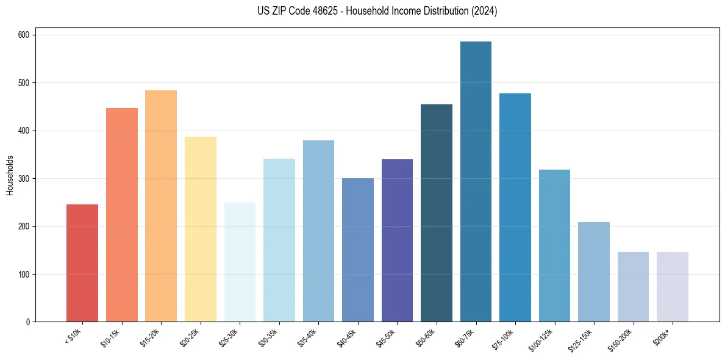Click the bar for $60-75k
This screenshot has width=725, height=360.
[476, 183]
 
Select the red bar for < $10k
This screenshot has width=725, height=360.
[82, 262]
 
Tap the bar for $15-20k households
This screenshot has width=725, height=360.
[161, 207]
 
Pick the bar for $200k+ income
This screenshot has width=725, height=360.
[673, 287]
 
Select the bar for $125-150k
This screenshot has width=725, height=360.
[594, 272]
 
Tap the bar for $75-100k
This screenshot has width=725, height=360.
[515, 207]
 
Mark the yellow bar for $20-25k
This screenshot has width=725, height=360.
[201, 229]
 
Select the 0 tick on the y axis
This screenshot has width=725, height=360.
[29, 322]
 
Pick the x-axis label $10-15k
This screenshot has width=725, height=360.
[112, 337]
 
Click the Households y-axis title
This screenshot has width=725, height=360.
[10, 175]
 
